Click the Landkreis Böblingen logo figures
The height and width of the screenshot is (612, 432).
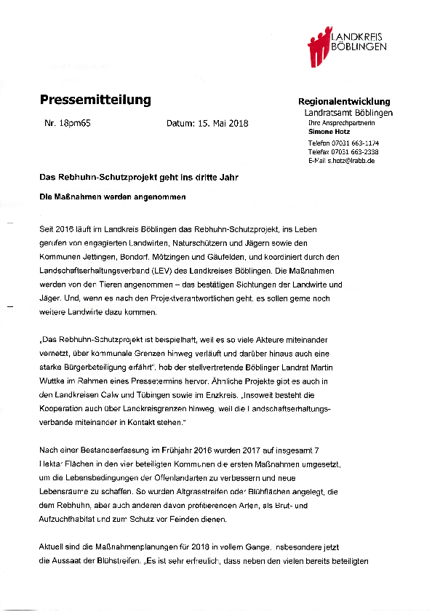click(318, 45)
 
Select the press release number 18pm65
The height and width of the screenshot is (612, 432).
click(68, 124)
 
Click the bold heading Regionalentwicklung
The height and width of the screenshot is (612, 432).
click(345, 102)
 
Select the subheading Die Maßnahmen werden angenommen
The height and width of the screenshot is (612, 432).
click(113, 196)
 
